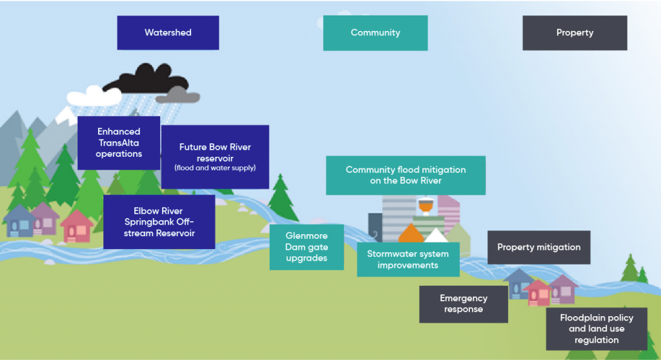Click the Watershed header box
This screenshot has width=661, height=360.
[x=168, y=33]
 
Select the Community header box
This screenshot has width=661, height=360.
[x=375, y=33]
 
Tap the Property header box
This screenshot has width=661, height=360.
[x=575, y=33]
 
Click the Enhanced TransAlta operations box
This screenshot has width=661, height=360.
[x=119, y=143]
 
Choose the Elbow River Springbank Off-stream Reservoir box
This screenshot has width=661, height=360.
[x=159, y=222]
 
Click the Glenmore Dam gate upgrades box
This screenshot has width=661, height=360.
[x=307, y=247]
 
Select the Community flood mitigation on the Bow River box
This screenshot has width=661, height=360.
[x=405, y=175]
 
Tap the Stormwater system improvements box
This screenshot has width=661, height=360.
[x=408, y=259]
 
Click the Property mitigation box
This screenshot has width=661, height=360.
[x=538, y=247]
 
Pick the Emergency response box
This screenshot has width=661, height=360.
[x=463, y=304]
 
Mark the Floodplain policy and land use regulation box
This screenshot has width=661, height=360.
[x=596, y=329]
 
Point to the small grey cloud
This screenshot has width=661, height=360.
[x=178, y=97]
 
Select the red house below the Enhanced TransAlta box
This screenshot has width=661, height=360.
[x=77, y=226]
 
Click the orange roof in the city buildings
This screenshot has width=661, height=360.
[x=411, y=234]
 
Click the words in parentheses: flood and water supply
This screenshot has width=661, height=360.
[x=215, y=168]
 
